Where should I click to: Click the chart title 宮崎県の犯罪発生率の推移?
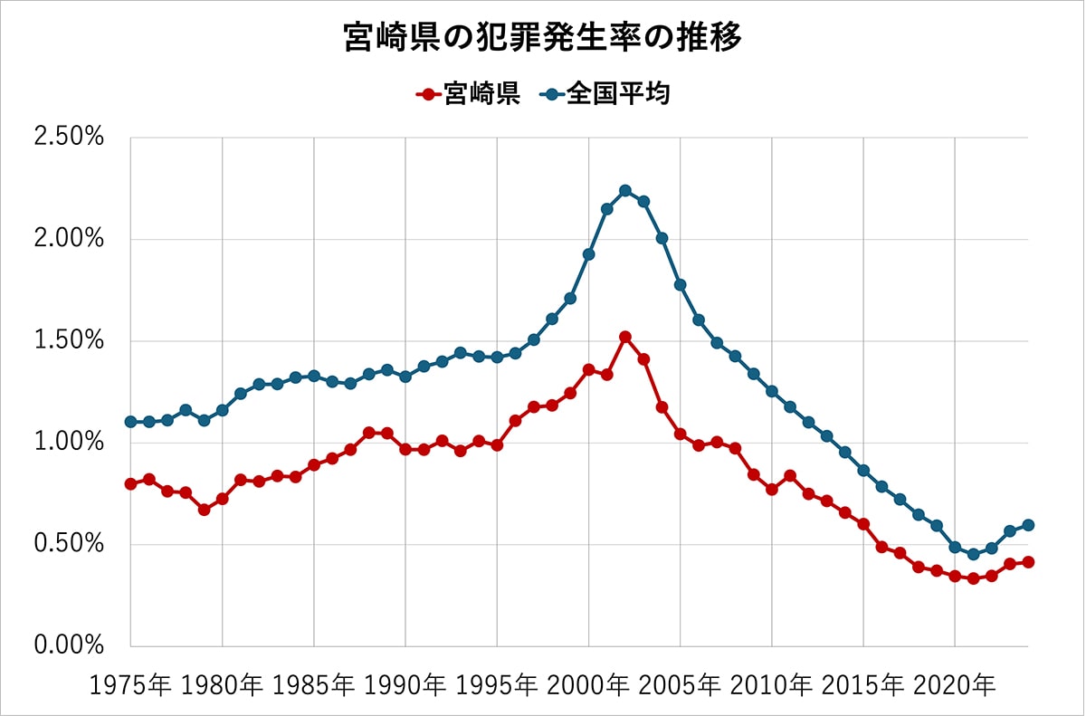tap(542, 39)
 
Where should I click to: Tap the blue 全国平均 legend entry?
tap(607, 93)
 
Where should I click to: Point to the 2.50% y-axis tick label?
tap(69, 138)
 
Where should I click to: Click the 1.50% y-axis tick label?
tap(69, 341)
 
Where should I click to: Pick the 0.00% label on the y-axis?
tap(69, 646)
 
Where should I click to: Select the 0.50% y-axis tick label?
tap(69, 545)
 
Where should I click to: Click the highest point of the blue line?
tap(625, 190)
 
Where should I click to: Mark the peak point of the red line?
tap(625, 337)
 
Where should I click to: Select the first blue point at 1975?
tap(131, 422)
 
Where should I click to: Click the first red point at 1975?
tap(131, 483)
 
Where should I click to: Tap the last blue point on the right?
tap(1028, 525)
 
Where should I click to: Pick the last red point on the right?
tap(1028, 562)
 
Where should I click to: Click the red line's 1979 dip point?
tap(205, 510)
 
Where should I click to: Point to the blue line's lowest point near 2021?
tap(973, 554)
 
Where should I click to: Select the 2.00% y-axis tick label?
tap(69, 240)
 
